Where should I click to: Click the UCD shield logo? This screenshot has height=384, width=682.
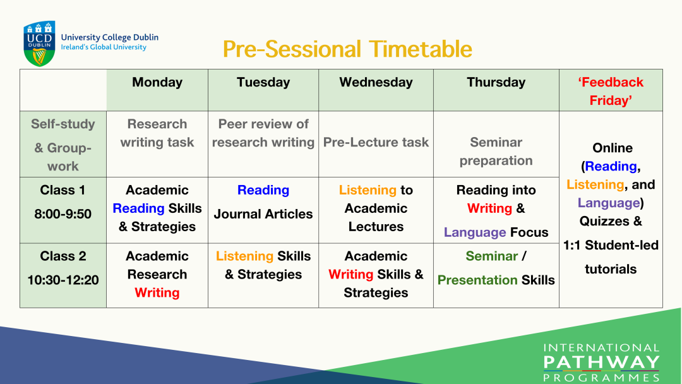39,44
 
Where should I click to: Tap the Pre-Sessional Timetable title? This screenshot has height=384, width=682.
347,49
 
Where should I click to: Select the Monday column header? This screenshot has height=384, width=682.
157,82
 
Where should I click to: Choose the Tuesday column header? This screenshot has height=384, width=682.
263,82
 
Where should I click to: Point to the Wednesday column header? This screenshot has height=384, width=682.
376,82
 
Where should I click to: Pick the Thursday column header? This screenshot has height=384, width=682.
496,82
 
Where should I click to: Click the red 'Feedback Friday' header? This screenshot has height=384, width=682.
611,92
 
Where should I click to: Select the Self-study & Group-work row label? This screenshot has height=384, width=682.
63,145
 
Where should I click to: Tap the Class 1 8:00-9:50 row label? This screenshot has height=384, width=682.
63,201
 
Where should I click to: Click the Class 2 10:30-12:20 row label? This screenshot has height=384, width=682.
63,268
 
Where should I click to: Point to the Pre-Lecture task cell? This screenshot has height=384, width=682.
376,142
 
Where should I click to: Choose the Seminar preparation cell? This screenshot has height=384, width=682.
496,152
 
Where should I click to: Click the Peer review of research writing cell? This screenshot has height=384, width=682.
263,133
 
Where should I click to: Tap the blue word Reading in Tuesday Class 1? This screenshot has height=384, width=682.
263,190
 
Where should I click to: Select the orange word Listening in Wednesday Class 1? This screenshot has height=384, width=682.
368,190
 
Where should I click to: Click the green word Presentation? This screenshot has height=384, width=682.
477,280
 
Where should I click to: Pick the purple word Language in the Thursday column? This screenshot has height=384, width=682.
475,232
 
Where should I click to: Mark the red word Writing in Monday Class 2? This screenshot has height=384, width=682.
157,292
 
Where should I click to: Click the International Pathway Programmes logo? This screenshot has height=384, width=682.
602,363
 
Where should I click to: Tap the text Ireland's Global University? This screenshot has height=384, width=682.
104,47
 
